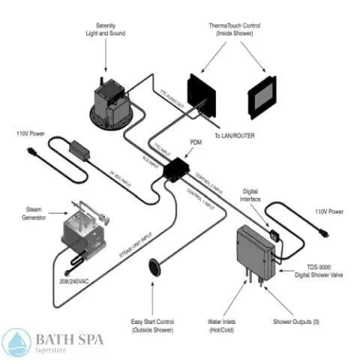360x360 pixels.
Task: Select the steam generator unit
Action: click(83, 229)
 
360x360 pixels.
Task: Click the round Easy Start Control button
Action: click(156, 265)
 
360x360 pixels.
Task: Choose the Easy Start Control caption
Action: click(152, 326)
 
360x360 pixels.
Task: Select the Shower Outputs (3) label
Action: click(299, 322)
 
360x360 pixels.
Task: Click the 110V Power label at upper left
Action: click(33, 133)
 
